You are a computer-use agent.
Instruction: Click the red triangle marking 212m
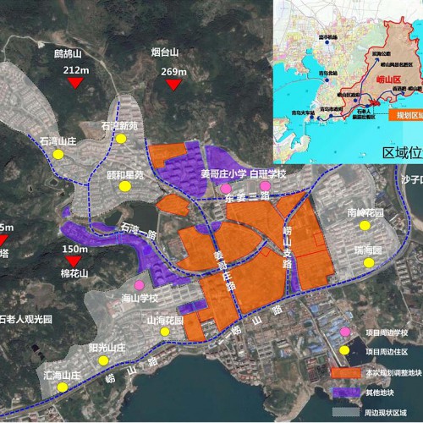[76, 82]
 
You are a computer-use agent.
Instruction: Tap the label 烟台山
[164, 52]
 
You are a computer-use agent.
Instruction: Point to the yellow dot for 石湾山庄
[58, 155]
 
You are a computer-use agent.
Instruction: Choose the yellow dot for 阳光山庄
[103, 360]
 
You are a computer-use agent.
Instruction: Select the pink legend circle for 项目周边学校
[345, 332]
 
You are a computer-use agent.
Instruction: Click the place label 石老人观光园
[25, 319]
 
